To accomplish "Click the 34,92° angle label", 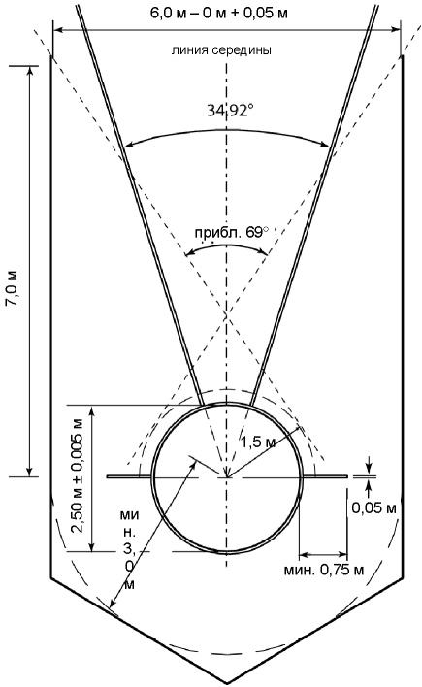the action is (230, 111).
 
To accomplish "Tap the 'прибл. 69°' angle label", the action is (231, 232).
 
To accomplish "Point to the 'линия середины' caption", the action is (221, 49).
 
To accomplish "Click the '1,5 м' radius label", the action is (258, 442).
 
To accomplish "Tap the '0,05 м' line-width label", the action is (373, 507).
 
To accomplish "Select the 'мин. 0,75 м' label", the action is (324, 570).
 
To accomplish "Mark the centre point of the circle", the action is (227, 476).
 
